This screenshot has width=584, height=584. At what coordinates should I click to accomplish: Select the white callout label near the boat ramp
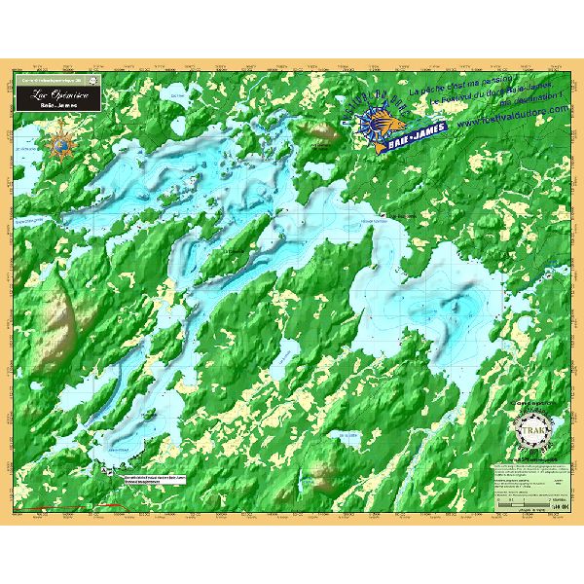(x=154, y=479)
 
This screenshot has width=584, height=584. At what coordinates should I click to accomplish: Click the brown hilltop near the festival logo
(x=318, y=134)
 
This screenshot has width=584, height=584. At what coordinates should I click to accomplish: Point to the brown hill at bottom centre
(x=322, y=476)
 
